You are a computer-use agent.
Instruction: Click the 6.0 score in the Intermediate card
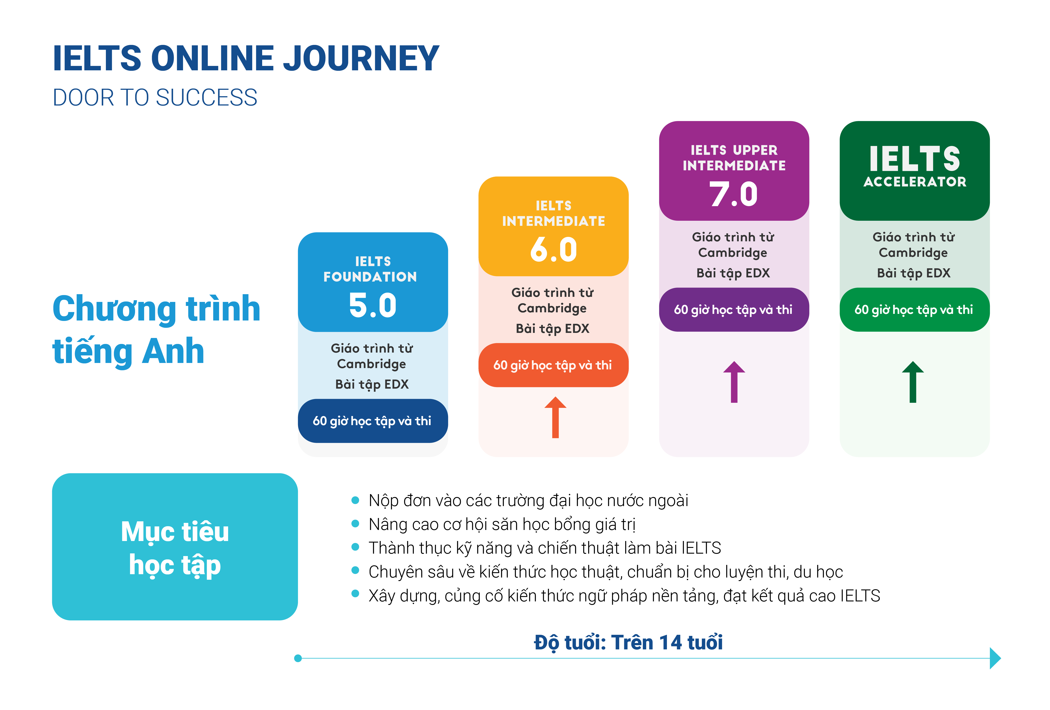point(554,249)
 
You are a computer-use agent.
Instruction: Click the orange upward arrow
point(555,417)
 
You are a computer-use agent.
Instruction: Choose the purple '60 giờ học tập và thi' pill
point(734,310)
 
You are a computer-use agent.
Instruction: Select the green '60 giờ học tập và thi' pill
point(914,310)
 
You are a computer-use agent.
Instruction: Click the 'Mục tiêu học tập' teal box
point(175,547)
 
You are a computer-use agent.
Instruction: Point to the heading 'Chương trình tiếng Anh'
point(156,330)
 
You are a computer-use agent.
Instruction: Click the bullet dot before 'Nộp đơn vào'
point(355,500)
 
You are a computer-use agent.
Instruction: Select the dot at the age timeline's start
point(298,658)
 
